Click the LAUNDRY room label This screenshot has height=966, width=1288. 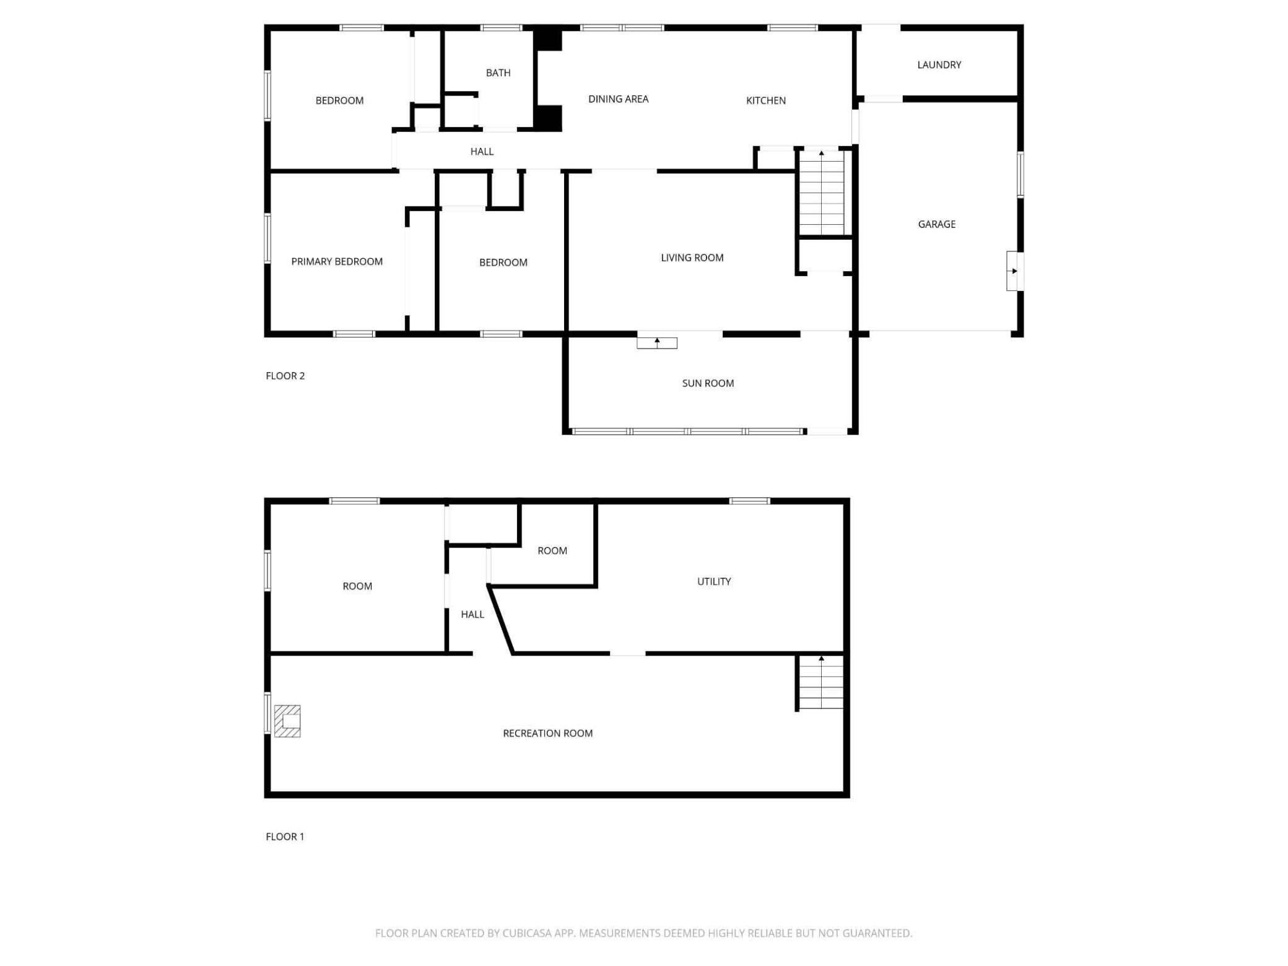click(939, 64)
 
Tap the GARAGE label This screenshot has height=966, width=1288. click(936, 224)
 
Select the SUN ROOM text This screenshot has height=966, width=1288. click(708, 383)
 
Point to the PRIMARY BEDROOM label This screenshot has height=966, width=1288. click(337, 261)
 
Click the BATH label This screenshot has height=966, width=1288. click(498, 73)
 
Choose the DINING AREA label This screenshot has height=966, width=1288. click(618, 99)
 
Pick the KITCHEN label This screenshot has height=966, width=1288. click(765, 100)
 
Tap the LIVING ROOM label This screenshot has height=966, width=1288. click(692, 258)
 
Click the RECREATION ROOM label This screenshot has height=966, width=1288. click(547, 733)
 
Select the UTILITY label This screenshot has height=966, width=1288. click(713, 581)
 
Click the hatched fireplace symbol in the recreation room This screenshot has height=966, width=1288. click(287, 721)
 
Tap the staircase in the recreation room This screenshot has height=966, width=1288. click(821, 682)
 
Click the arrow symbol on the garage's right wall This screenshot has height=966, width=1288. click(1014, 271)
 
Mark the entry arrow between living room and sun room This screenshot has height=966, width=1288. click(657, 342)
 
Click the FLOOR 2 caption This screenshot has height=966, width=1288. click(285, 376)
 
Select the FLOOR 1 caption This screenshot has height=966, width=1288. click(285, 837)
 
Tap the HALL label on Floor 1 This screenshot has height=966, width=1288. click(472, 614)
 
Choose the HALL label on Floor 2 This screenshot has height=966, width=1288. click(482, 151)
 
